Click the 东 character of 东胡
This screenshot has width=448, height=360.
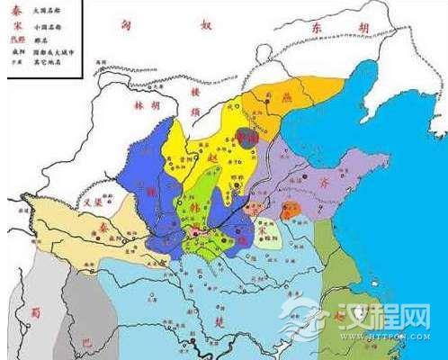pos(318,29)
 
